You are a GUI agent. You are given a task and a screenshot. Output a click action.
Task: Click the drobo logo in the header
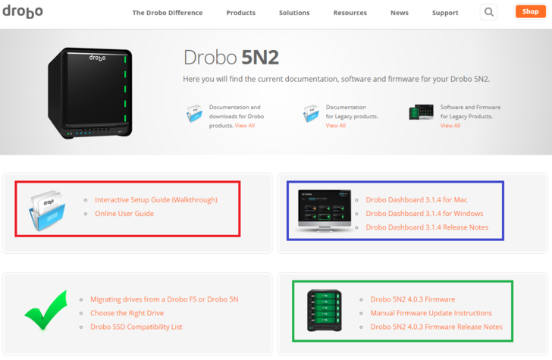(x=23, y=11)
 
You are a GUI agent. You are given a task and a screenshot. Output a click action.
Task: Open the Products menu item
(x=241, y=13)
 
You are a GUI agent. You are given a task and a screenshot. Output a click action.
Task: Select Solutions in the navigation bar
(x=294, y=13)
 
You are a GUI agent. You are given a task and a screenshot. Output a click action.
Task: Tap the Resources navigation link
(x=350, y=13)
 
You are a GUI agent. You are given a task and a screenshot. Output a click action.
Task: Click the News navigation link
(x=400, y=13)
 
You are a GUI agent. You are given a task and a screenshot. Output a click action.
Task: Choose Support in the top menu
(x=445, y=13)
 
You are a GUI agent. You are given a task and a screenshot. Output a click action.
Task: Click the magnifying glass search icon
(x=488, y=12)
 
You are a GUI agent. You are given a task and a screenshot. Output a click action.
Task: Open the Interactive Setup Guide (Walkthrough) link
(x=156, y=200)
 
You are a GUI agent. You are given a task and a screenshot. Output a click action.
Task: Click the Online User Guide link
(x=124, y=214)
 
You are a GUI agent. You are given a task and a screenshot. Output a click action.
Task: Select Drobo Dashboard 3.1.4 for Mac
(x=416, y=200)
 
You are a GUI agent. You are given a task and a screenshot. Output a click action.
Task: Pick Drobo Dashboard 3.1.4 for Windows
(x=425, y=214)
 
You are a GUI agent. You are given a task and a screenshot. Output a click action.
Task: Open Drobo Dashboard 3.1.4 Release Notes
(x=427, y=227)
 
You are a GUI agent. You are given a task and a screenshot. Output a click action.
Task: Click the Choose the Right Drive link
(x=127, y=313)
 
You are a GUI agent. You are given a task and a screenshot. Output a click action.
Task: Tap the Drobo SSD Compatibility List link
(x=136, y=327)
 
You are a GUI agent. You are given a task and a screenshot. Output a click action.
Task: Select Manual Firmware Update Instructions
(x=431, y=313)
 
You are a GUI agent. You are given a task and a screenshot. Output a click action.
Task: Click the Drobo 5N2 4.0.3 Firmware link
(x=412, y=299)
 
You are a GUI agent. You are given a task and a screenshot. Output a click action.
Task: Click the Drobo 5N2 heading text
(x=231, y=58)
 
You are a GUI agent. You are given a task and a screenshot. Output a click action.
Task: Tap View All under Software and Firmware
(x=450, y=126)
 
